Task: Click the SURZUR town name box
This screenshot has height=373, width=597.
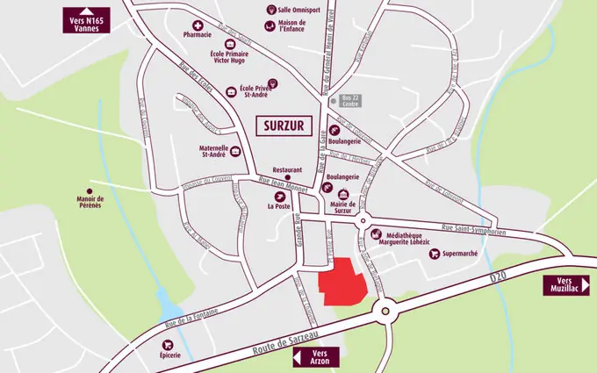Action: (x=283, y=126)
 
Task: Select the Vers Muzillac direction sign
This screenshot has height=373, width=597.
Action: (x=565, y=284)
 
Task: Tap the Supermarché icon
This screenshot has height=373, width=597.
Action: (x=435, y=254)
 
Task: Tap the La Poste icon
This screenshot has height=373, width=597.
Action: (x=279, y=195)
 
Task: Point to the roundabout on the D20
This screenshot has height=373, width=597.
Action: (x=384, y=309)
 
